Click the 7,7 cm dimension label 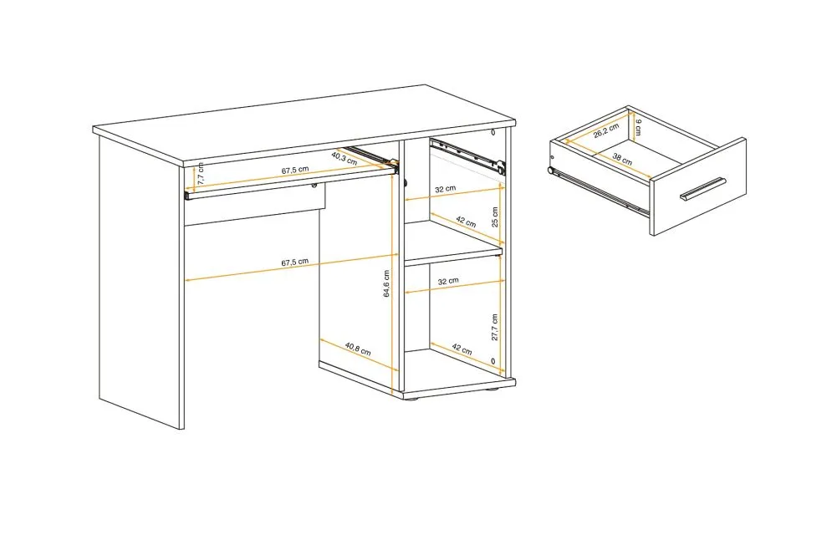click(x=201, y=173)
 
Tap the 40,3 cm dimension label click(x=345, y=158)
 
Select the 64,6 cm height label click(x=386, y=283)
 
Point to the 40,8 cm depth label click(x=358, y=349)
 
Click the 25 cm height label click(x=495, y=217)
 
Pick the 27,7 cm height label click(x=494, y=327)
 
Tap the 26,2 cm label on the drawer click(x=606, y=130)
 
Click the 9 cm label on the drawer click(x=638, y=127)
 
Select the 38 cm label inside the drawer click(x=622, y=159)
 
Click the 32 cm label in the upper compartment click(x=446, y=188)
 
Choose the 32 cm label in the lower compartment click(x=448, y=281)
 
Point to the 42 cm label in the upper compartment click(x=466, y=222)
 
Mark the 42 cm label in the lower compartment click(x=462, y=349)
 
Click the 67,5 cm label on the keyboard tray click(x=295, y=171)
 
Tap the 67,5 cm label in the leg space click(x=295, y=262)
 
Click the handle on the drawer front click(x=703, y=189)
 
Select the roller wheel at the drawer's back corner click(x=550, y=171)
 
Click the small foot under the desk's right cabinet click(x=493, y=390)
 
